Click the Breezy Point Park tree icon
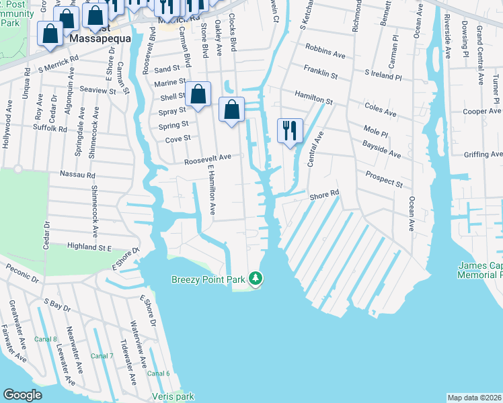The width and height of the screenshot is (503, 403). (255, 278)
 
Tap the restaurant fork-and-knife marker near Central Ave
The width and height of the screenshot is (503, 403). (290, 130)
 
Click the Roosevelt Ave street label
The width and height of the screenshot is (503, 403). (208, 159)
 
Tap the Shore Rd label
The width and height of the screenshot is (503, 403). (324, 195)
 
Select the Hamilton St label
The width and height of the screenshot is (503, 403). (315, 97)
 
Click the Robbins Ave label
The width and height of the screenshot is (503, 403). (325, 50)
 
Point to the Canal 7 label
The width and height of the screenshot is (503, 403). (102, 355)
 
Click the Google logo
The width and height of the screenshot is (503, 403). (23, 395)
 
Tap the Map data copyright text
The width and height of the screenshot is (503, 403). (474, 398)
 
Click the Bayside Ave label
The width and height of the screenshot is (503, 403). (381, 149)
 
